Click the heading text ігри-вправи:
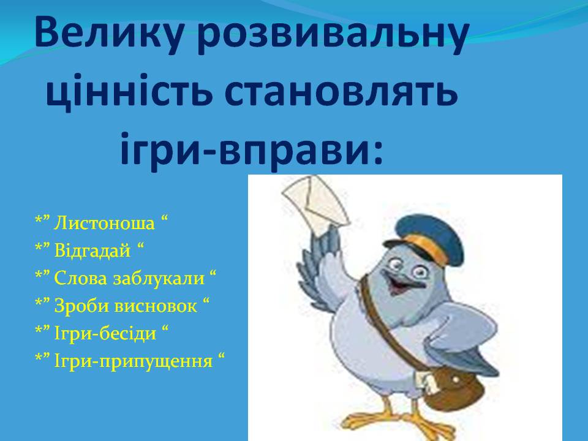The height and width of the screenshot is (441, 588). tap(251, 147)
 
